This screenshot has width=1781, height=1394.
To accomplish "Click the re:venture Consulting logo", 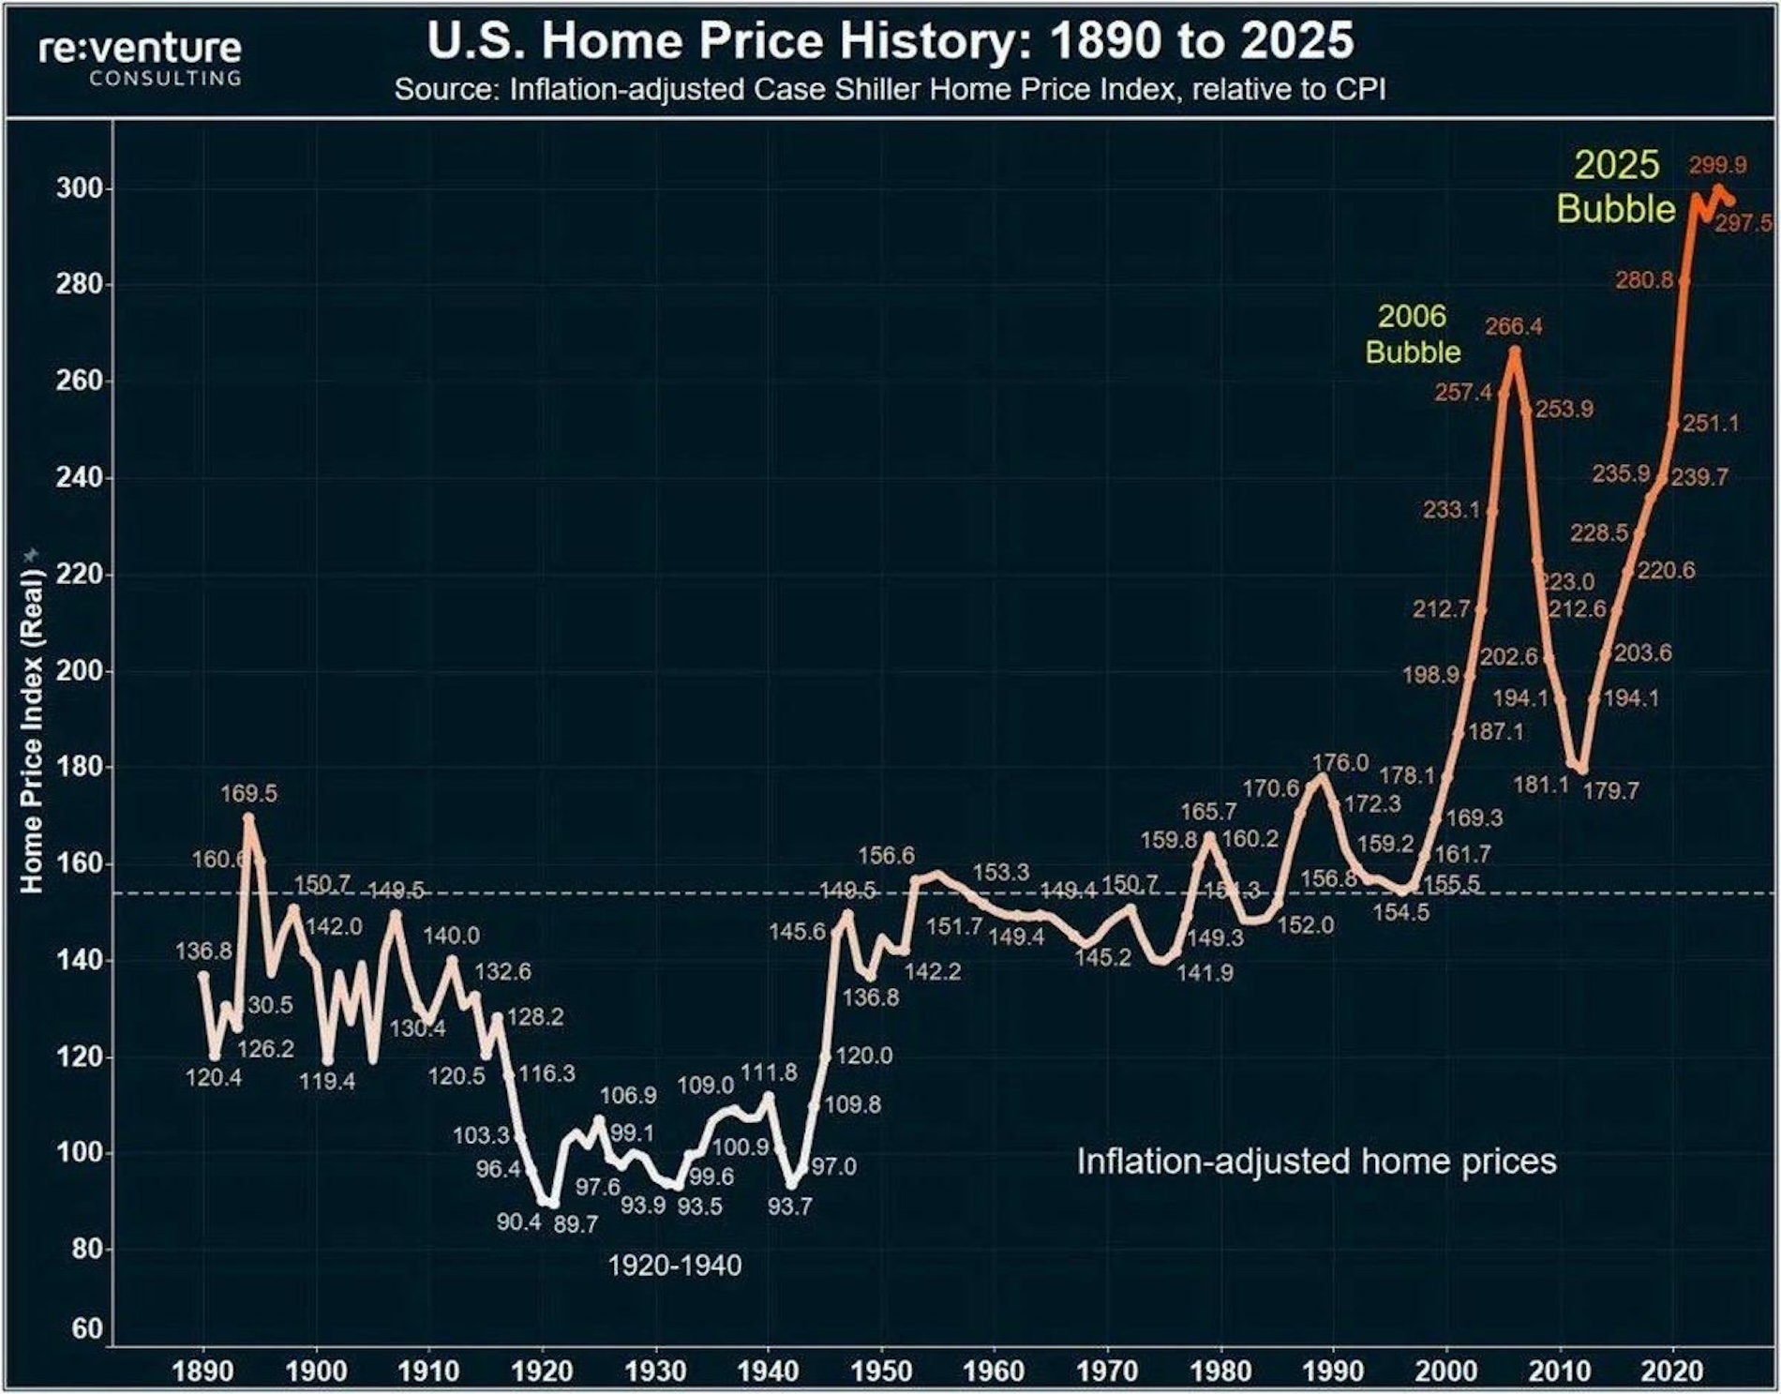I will [140, 58].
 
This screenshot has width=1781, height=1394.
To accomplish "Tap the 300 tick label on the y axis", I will [79, 188].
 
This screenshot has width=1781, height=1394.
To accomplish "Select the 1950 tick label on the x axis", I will [881, 1372].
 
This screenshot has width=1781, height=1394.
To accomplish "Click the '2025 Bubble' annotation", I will [1616, 187].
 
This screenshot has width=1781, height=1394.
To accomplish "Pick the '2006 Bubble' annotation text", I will [1413, 334].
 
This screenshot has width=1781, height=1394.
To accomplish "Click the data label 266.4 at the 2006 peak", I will [1513, 326].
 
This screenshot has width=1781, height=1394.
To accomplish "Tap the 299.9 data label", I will [1717, 166].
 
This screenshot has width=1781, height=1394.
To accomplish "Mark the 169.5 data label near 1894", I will [248, 794].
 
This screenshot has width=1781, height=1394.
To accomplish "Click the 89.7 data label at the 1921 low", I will [576, 1225].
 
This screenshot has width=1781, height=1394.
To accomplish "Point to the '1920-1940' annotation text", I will [674, 1266].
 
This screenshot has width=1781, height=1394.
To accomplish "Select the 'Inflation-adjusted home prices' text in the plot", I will [1316, 1162].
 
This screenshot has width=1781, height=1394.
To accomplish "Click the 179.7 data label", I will [1610, 791].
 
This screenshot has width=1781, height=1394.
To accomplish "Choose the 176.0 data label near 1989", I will [1339, 763].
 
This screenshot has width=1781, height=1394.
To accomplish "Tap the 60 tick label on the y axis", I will [86, 1328].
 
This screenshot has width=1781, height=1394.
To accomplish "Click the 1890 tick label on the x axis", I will [202, 1372].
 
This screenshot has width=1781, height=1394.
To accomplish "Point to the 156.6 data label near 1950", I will [886, 856].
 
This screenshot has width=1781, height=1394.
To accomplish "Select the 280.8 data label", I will [1643, 279].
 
